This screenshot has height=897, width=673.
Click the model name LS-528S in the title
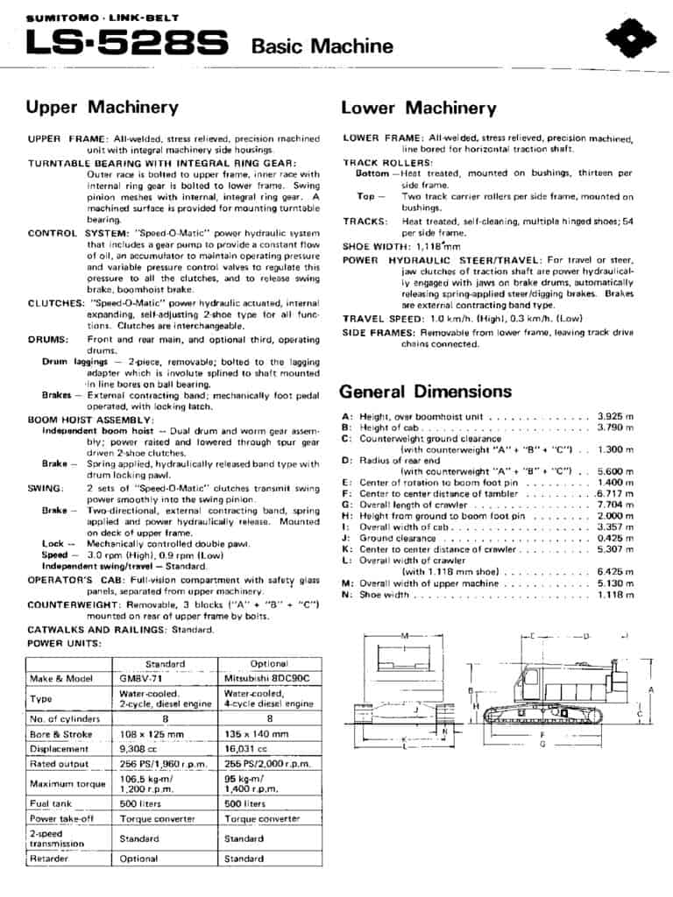[128, 42]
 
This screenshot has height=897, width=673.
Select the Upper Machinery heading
[102, 108]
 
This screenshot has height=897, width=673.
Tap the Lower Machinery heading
[418, 109]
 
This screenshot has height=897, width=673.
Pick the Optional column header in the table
[269, 663]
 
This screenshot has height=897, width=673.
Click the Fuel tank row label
[51, 803]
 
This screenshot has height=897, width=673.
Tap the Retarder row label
[49, 858]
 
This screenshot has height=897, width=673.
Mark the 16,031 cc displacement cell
[247, 749]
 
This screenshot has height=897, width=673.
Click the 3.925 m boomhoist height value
[614, 416]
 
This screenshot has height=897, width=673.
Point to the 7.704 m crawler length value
[614, 505]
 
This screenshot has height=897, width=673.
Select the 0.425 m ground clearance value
[614, 539]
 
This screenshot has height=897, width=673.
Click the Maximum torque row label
[55, 783]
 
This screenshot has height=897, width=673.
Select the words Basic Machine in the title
[322, 46]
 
